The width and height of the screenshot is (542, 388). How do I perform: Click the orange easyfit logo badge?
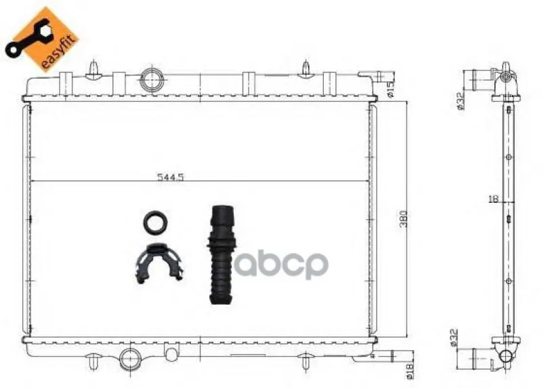pyautogui.click(x=41, y=39)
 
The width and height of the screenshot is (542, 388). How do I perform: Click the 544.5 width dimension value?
pyautogui.click(x=171, y=177)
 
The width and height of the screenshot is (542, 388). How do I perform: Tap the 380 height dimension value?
pyautogui.click(x=403, y=218)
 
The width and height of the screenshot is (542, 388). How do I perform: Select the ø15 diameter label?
pyautogui.click(x=391, y=90)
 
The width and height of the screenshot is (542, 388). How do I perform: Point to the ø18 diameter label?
pyautogui.click(x=410, y=370)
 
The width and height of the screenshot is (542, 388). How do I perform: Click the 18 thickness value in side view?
pyautogui.click(x=494, y=199)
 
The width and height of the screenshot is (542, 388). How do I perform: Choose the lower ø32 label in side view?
pyautogui.click(x=454, y=338)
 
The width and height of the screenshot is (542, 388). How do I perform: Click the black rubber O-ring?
pyautogui.click(x=156, y=222)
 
